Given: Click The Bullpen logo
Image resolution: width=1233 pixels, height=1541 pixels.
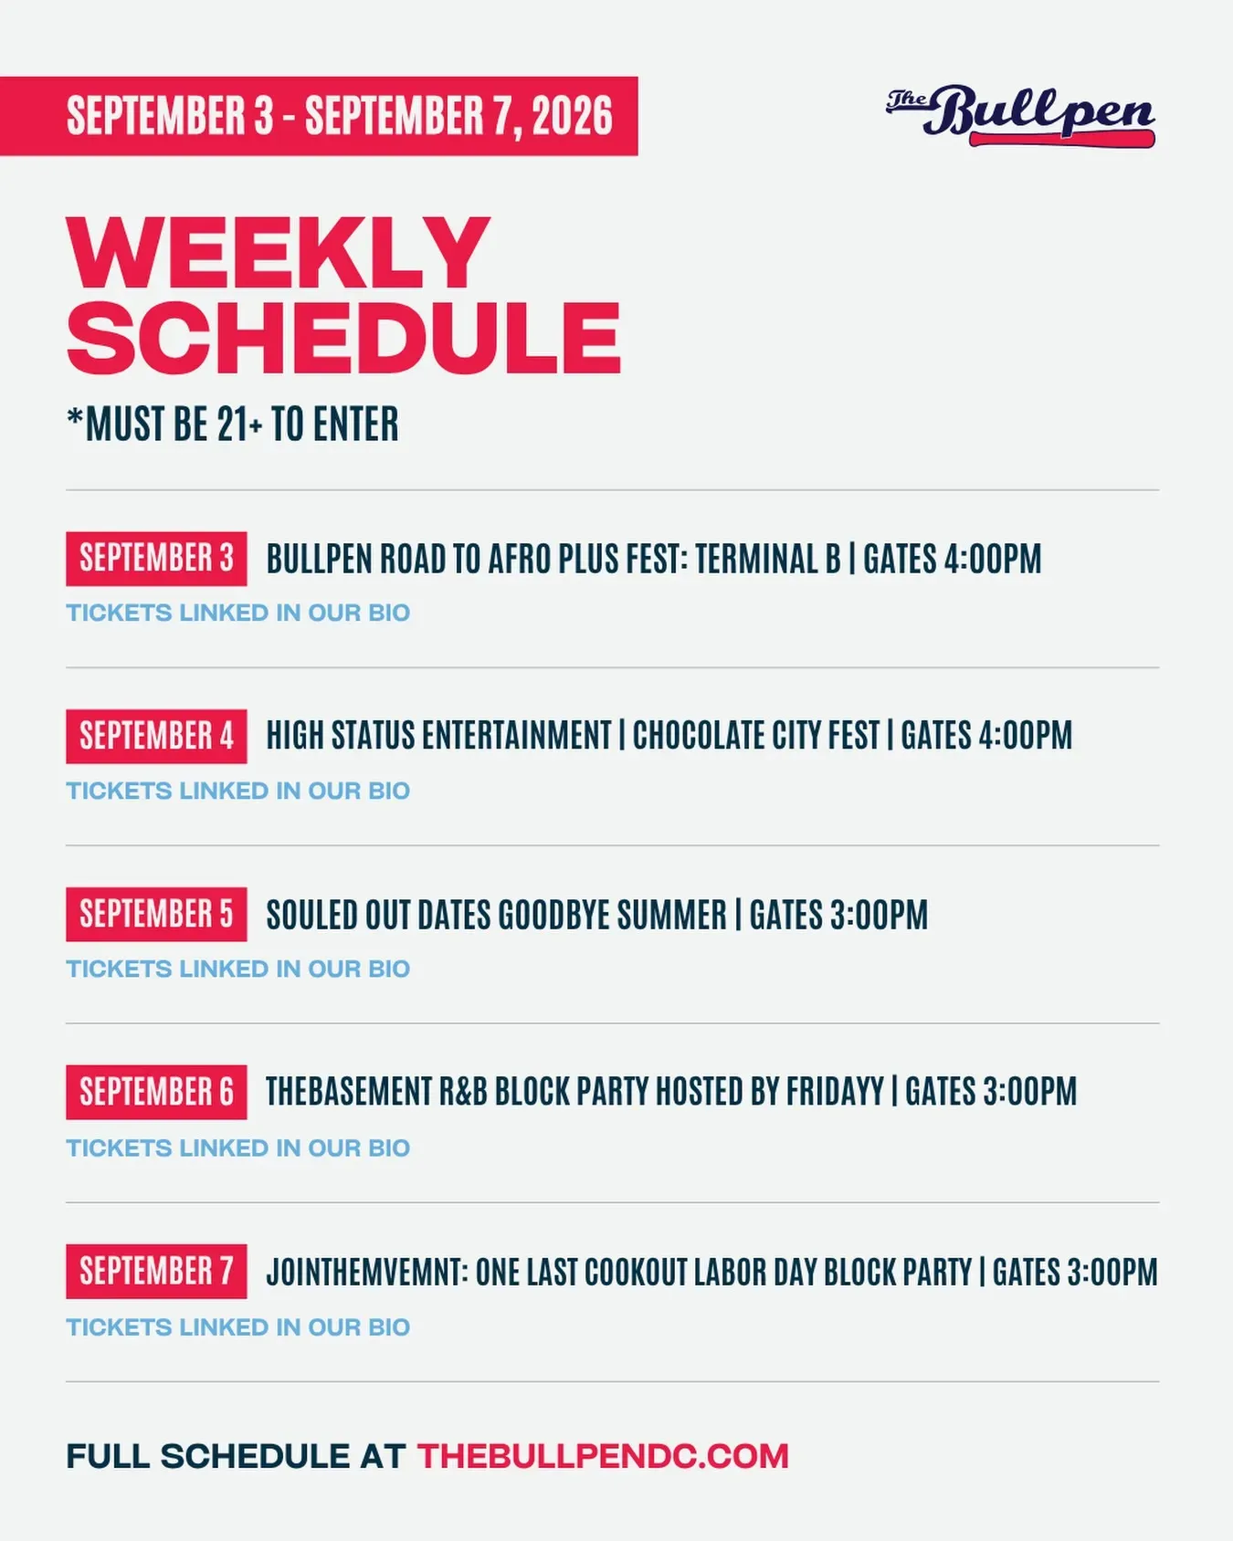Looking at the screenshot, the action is point(1020,116).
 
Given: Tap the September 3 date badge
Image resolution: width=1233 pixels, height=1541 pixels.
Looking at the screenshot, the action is point(156,559).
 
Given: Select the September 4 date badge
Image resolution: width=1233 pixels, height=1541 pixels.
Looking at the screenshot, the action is point(156,736).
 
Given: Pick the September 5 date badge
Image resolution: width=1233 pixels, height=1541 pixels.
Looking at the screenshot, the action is point(156,914).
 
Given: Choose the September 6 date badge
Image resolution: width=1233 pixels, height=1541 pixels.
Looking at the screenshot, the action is point(156,1092).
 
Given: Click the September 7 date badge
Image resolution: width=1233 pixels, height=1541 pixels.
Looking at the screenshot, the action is point(156,1271).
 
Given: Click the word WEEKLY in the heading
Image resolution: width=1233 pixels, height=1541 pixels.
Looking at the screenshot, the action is point(279,254).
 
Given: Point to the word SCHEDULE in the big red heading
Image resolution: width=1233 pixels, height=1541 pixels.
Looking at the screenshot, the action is point(343,337).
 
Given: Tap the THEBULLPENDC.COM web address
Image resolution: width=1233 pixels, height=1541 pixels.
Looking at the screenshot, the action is point(603,1456).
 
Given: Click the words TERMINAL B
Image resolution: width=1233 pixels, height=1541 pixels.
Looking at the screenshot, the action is point(768,559).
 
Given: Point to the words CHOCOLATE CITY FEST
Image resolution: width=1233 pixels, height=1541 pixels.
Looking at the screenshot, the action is point(756,736).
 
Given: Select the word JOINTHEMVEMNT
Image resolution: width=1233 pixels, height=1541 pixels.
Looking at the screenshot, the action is point(366,1272).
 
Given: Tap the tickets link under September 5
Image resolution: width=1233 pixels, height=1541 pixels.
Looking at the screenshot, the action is point(238,969).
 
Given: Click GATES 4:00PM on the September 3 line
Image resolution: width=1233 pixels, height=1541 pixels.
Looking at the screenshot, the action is point(953,559).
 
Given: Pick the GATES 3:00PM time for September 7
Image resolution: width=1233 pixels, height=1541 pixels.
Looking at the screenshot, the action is point(1075,1272).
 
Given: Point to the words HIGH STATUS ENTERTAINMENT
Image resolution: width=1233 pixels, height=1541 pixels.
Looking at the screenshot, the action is point(438,736).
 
